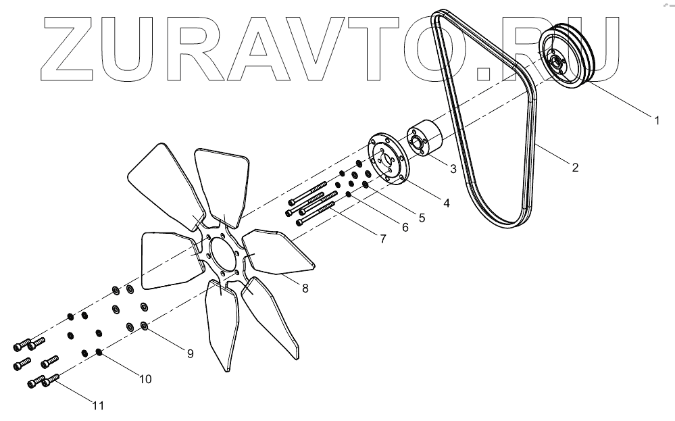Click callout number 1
(x=655, y=121)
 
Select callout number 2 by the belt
(x=575, y=168)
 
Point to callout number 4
(x=447, y=201)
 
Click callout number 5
(x=422, y=218)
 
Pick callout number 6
(x=405, y=228)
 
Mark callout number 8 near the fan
(x=305, y=289)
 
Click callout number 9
(x=191, y=352)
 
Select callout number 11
(x=99, y=405)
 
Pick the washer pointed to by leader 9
(x=145, y=326)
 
